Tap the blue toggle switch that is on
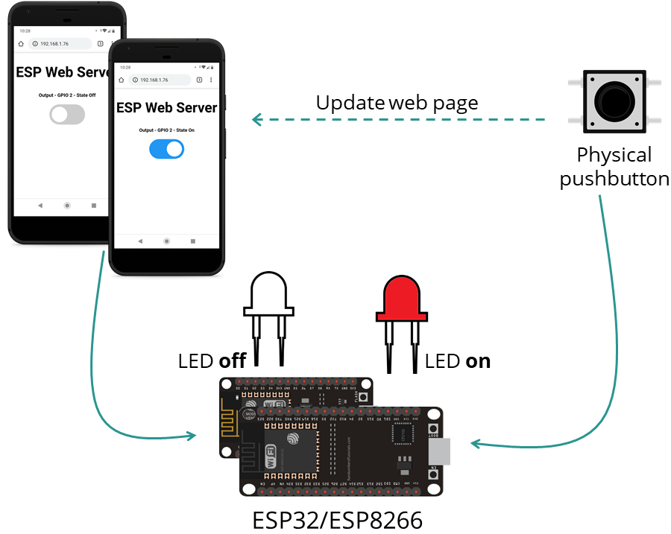point(166,149)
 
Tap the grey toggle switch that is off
point(67,114)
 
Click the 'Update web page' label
point(397,103)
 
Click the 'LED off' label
point(212,361)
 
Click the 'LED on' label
point(457,361)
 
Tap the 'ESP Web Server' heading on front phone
point(166,108)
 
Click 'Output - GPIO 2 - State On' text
point(166,130)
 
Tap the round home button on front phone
point(166,241)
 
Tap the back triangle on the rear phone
point(40,205)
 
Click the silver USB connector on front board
point(440,451)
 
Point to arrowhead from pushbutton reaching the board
point(474,445)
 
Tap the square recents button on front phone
point(193,241)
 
